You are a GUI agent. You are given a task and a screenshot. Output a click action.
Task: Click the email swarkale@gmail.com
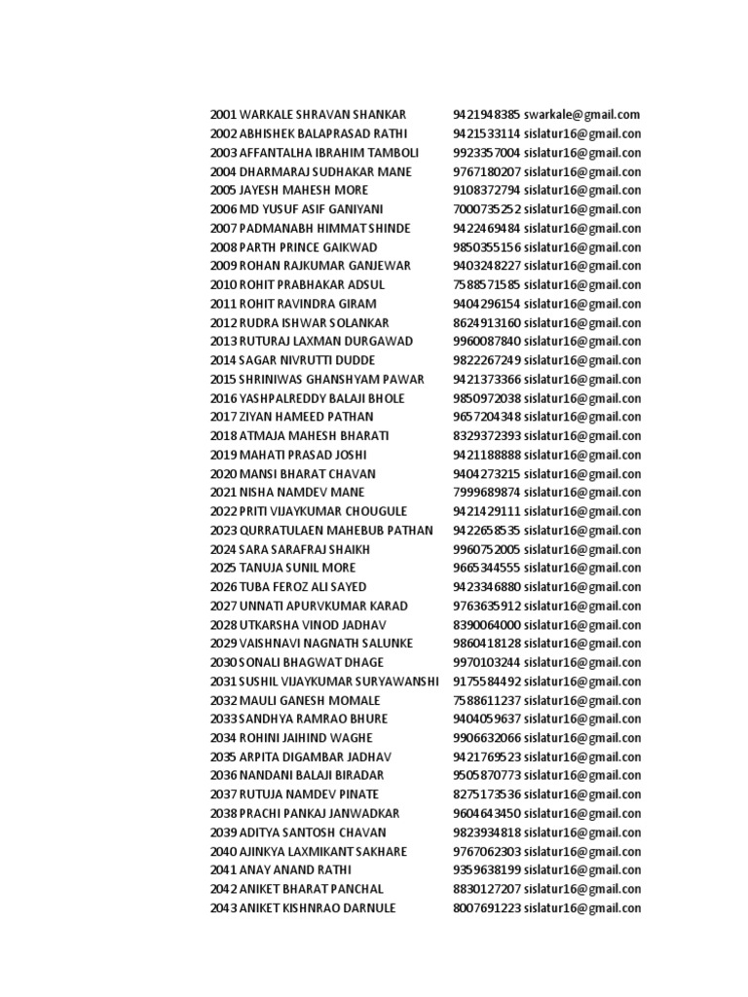click(581, 115)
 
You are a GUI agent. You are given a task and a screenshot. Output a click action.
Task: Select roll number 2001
click(223, 115)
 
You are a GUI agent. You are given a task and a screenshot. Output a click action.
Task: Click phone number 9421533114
click(487, 133)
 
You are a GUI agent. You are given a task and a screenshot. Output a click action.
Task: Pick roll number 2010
click(223, 285)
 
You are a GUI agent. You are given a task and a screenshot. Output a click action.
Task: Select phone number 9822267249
click(487, 360)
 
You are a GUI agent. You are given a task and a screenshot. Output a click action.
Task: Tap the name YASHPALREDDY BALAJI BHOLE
click(322, 398)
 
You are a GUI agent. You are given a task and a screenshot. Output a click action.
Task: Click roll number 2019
click(223, 455)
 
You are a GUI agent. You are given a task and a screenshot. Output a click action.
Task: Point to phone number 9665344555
click(487, 569)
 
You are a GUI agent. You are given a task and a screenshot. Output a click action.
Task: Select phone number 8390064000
click(487, 625)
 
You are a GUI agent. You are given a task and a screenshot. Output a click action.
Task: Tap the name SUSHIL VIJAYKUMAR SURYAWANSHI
click(340, 682)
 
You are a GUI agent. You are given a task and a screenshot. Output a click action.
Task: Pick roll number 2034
click(223, 738)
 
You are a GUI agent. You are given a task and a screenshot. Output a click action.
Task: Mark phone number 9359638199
click(487, 870)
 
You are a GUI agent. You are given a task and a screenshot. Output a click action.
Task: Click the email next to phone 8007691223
click(583, 908)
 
